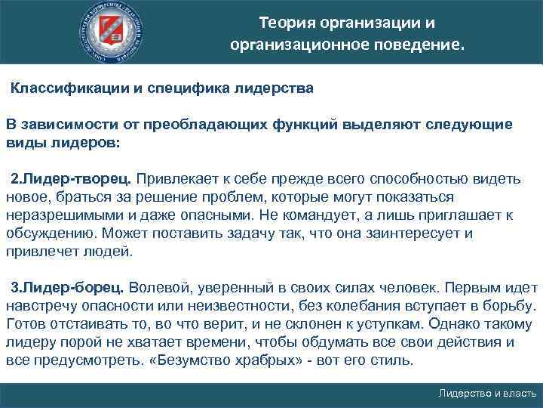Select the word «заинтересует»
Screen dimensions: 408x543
408,233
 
